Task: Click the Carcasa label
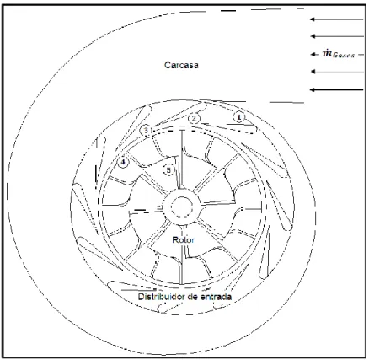pyautogui.click(x=181, y=65)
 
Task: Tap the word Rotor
pyautogui.click(x=183, y=240)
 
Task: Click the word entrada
pyautogui.click(x=217, y=297)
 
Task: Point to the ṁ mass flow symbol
pyautogui.click(x=327, y=52)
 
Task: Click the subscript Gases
pyautogui.click(x=344, y=56)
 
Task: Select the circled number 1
pyautogui.click(x=239, y=117)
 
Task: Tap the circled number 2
pyautogui.click(x=194, y=118)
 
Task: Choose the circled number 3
pyautogui.click(x=146, y=130)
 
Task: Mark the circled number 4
pyautogui.click(x=123, y=162)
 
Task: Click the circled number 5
pyautogui.click(x=168, y=170)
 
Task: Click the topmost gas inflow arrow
pyautogui.click(x=336, y=19)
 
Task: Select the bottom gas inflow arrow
pyautogui.click(x=336, y=89)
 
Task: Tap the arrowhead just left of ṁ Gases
pyautogui.click(x=313, y=54)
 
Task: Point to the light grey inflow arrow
pyautogui.click(x=337, y=72)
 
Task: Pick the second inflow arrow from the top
pyautogui.click(x=337, y=36)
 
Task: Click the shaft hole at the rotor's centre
pyautogui.click(x=182, y=207)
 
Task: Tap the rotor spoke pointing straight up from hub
pyautogui.click(x=182, y=159)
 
